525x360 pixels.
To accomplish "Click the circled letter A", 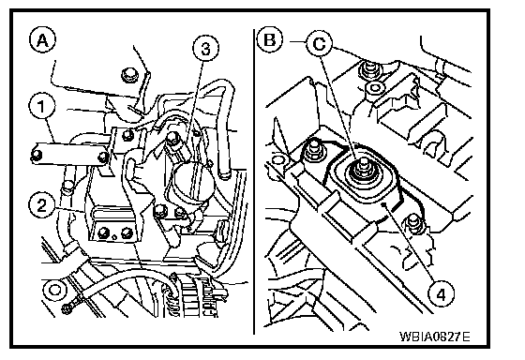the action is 42,40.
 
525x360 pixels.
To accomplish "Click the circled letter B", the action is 269,39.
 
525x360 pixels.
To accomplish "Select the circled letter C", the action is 320,43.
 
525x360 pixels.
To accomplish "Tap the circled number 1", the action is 41,107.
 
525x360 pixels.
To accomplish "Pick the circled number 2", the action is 41,204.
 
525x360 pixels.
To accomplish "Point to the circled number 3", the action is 205,48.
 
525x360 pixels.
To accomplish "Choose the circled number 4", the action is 442,294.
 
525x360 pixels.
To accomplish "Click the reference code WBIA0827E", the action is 435,337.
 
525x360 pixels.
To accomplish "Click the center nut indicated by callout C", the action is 364,169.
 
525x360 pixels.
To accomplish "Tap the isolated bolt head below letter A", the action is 129,74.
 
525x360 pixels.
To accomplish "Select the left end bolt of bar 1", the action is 37,155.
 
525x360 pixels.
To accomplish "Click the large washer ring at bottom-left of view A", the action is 55,290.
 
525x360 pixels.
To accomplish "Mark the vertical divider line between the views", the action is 254,182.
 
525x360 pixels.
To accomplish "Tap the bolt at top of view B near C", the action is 369,68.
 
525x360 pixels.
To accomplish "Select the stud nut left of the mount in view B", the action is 313,149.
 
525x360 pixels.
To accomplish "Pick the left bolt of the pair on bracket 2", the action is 103,232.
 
